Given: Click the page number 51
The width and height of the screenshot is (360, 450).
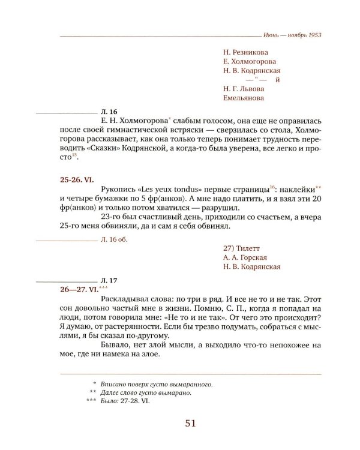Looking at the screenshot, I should pyautogui.click(x=191, y=424).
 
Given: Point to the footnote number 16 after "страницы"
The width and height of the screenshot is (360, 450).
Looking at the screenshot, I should pyautogui.click(x=272, y=187).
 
